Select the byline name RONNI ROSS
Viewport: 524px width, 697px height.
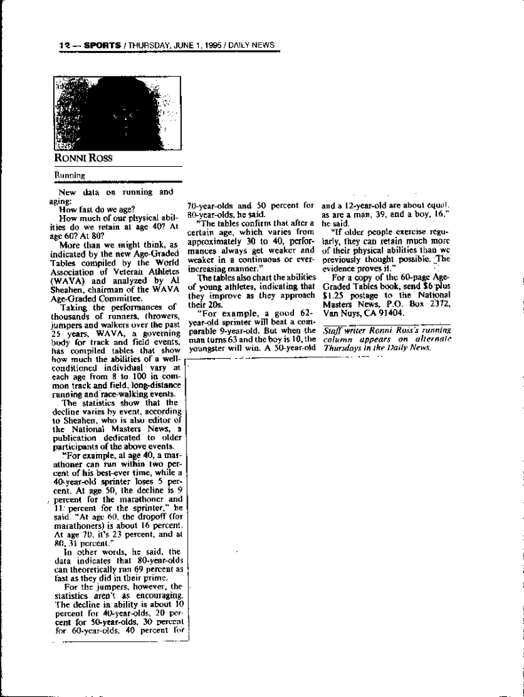83,159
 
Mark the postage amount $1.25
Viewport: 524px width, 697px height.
334,295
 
